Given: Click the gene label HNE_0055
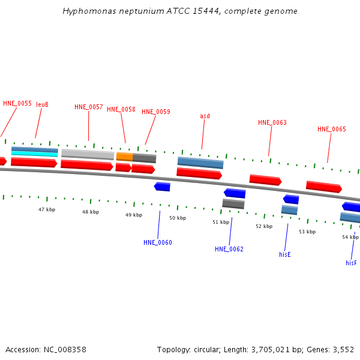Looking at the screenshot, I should (17, 103).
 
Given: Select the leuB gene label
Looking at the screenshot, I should (42, 104).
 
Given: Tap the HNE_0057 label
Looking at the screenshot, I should (89, 107).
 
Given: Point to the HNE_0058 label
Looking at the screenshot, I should (121, 109).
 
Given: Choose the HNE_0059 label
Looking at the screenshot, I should (156, 112).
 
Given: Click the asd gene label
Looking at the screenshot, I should (205, 116).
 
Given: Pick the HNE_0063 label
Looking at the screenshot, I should (272, 122).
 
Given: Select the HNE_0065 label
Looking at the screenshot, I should (332, 129).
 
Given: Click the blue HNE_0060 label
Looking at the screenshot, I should (158, 242).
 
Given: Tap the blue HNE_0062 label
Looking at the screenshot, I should (229, 249).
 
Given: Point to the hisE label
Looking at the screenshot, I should (285, 254).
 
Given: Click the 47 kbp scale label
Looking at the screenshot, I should (47, 209).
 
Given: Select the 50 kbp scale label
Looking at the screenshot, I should (178, 218).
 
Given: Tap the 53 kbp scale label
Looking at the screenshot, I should (307, 232).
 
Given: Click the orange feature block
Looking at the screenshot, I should (124, 157).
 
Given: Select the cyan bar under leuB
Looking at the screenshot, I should (35, 154).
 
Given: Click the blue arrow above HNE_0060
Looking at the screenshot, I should (162, 187).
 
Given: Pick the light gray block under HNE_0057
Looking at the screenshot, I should (88, 154).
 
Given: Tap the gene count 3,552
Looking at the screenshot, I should (343, 349).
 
